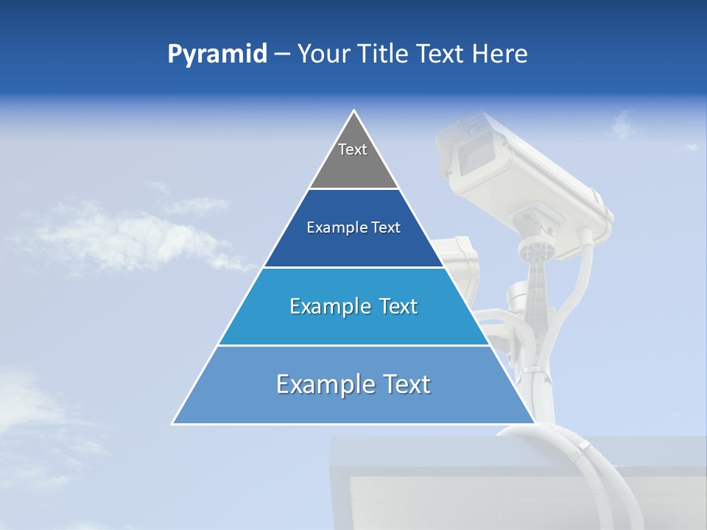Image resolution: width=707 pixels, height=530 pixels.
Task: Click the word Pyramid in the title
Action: click(217, 54)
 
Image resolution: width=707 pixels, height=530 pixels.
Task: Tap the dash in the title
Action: click(281, 54)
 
